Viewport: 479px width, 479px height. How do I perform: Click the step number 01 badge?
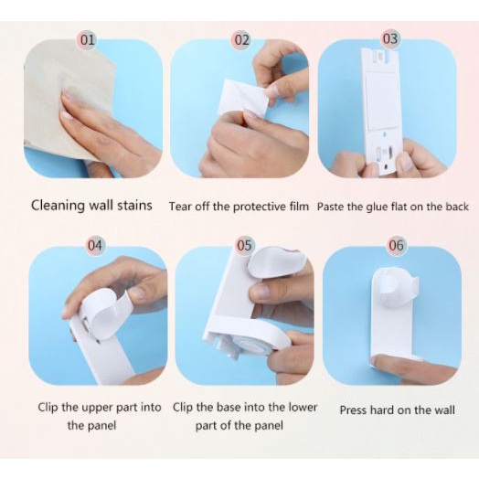(x=88, y=39)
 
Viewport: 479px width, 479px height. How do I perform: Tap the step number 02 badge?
(x=242, y=39)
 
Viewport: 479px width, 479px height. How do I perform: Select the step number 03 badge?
(x=390, y=38)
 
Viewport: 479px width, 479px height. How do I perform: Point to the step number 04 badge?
(x=95, y=245)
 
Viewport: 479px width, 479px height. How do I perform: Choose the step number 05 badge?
(x=244, y=245)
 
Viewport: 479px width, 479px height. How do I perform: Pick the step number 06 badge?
(x=396, y=245)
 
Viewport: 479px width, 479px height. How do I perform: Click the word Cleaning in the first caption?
(x=58, y=206)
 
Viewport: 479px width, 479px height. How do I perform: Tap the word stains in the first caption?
(x=134, y=206)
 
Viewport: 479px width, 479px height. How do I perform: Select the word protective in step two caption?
(x=261, y=207)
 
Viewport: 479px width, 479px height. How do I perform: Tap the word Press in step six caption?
(x=353, y=410)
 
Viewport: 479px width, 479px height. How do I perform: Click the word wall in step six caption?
(x=444, y=410)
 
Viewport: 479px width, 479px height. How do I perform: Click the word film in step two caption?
(x=299, y=207)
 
